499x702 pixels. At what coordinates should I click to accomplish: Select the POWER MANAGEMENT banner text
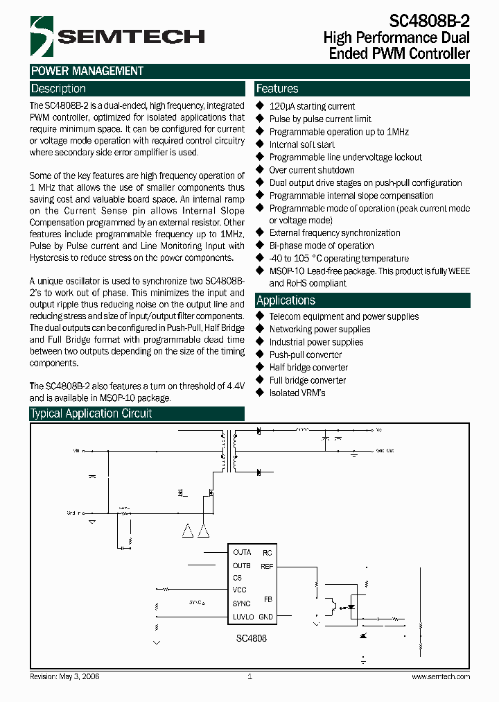87,71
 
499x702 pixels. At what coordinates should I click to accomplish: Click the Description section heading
58,89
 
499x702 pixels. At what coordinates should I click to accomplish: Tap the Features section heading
277,89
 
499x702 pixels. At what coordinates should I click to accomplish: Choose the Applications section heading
286,300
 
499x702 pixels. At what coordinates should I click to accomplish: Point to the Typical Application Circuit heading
91,413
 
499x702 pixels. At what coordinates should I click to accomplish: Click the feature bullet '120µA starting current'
312,106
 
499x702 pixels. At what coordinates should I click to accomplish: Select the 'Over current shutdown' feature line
312,170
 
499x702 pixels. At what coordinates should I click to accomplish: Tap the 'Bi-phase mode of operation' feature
322,246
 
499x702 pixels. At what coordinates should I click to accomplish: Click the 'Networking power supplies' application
319,329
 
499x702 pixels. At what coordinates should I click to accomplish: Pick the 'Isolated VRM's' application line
297,393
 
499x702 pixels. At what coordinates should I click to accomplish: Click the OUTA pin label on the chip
242,553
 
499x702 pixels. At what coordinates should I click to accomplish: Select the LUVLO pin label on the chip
244,617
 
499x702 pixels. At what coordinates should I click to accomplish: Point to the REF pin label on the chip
267,566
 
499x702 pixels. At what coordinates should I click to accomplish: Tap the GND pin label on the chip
265,617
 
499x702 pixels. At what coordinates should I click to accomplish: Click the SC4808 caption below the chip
250,637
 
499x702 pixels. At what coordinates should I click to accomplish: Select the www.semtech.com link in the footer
441,676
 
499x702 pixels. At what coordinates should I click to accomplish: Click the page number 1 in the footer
249,676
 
